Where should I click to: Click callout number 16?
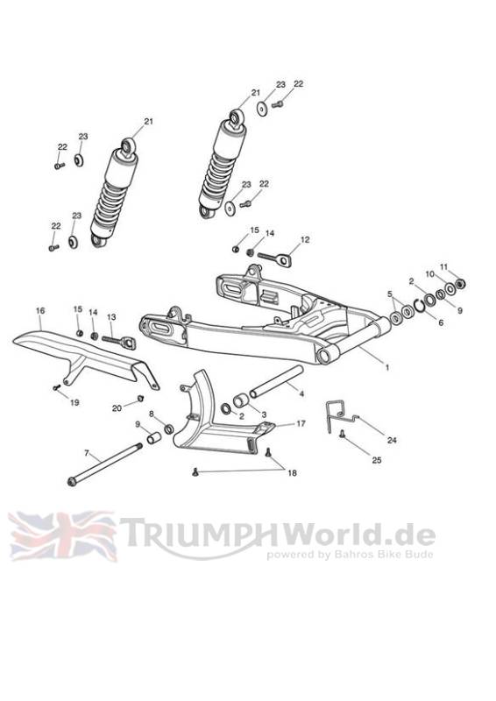click(x=40, y=310)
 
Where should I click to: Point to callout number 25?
click(x=377, y=459)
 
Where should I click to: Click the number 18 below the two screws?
click(x=292, y=473)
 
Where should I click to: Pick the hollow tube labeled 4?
click(x=276, y=381)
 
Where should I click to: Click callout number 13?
click(x=111, y=316)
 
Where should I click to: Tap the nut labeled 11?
click(x=460, y=283)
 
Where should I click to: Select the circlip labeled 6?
click(x=420, y=306)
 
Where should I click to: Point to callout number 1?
click(x=387, y=367)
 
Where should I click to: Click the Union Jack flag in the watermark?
click(x=62, y=536)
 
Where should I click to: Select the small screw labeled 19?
click(x=57, y=387)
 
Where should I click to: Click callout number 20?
click(x=117, y=407)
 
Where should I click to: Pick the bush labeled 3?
click(x=240, y=401)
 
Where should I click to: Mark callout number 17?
click(x=301, y=423)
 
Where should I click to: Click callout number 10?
click(x=429, y=274)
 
